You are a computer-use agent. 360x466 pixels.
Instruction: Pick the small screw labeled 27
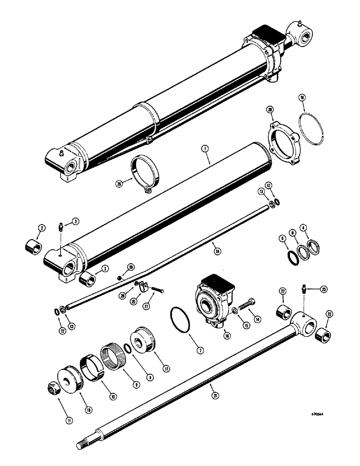pyautogui.click(x=157, y=292)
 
